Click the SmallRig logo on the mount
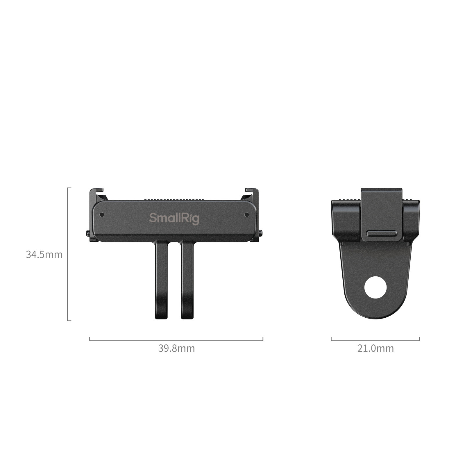click(x=174, y=218)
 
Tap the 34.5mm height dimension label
click(x=44, y=255)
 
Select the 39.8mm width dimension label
click(x=176, y=348)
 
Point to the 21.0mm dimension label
click(x=375, y=348)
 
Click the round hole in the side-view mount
click(x=375, y=287)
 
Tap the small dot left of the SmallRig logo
click(x=102, y=215)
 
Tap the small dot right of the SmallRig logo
click(x=247, y=215)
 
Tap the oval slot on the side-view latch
click(x=381, y=233)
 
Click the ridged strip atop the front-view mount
click(x=174, y=199)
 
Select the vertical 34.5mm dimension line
click(x=68, y=254)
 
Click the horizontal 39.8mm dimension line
click(x=176, y=340)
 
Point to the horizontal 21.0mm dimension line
click(x=375, y=340)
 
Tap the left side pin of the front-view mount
click(x=88, y=233)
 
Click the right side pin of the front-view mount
click(x=261, y=233)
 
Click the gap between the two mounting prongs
click(x=174, y=279)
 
